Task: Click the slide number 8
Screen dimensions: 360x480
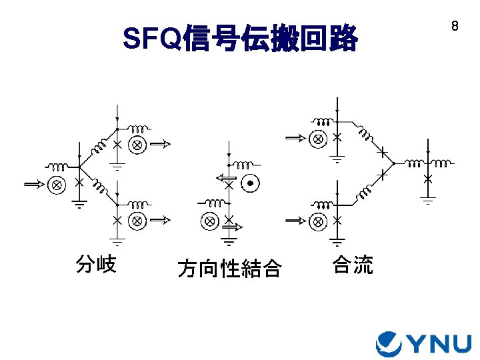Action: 455,27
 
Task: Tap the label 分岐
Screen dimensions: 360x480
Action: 96,265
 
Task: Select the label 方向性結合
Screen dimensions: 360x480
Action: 229,269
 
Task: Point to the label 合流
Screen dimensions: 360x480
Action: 353,265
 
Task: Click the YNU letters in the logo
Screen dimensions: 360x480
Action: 439,343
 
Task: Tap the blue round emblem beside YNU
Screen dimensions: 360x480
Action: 389,343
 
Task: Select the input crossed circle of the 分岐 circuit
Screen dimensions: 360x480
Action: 57,184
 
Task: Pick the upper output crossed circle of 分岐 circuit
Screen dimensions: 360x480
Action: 137,144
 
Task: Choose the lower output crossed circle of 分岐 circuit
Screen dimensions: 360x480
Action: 137,219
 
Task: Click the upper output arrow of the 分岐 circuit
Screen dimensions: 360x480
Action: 162,143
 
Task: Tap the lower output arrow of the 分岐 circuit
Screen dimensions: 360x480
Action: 162,219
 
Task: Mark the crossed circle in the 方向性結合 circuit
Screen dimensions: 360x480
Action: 209,220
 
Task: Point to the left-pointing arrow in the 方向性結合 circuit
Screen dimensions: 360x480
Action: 225,177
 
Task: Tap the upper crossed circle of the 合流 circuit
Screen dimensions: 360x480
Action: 319,139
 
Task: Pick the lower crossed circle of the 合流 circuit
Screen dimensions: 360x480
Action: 319,220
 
